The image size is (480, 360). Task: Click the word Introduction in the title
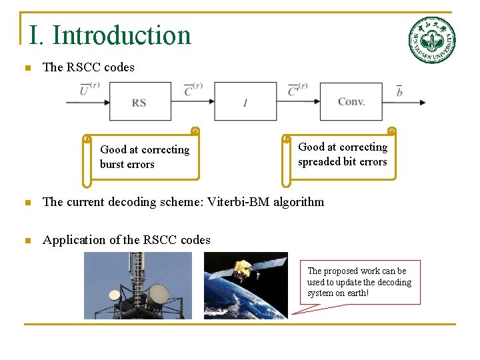coord(121,35)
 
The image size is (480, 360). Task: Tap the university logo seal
coord(431,39)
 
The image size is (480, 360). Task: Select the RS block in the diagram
coord(139,101)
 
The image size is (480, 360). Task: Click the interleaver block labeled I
coord(245,101)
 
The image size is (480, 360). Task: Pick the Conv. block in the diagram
coord(351,101)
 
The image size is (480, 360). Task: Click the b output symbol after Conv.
coord(399,90)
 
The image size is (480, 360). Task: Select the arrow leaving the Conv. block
coord(403,102)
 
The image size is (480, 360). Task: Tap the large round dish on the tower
coord(159,292)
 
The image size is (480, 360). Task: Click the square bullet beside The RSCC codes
coord(27,68)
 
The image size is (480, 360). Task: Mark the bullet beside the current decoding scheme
coord(27,203)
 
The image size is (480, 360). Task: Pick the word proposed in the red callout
coord(343,271)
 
